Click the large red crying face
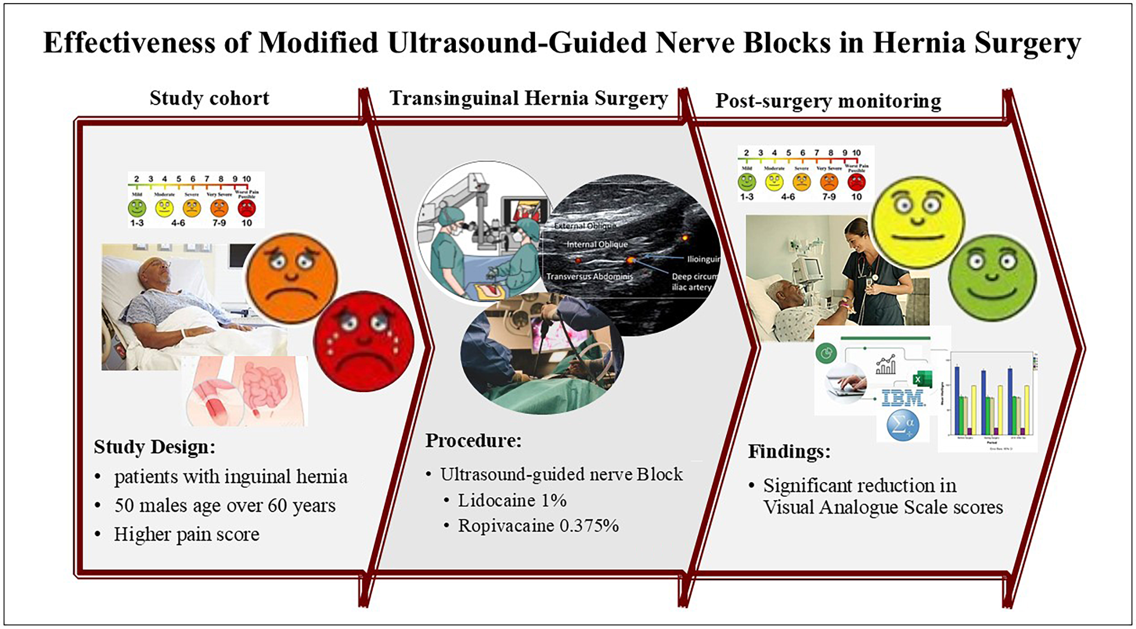(363, 341)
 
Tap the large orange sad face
(292, 278)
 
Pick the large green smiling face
(992, 278)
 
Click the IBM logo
(903, 398)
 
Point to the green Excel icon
(921, 379)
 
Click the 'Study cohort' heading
(209, 98)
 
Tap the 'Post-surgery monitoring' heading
(828, 101)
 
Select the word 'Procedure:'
(473, 440)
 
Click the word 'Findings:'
(789, 451)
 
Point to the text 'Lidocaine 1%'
(512, 500)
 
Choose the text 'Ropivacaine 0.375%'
(538, 525)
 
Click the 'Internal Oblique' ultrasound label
(597, 244)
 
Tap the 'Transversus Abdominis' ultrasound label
(589, 276)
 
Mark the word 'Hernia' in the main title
(919, 43)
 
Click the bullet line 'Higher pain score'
(186, 534)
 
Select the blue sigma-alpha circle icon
(902, 425)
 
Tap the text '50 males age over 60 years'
(225, 506)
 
